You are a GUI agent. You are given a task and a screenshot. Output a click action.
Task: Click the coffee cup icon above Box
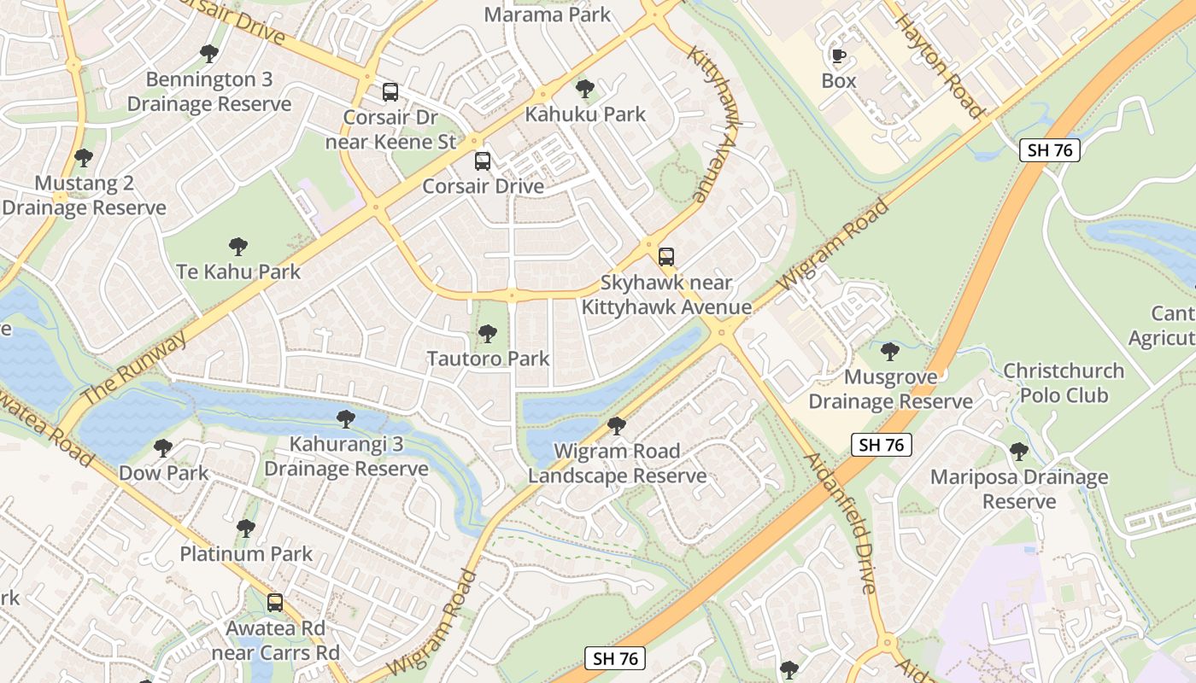point(839,56)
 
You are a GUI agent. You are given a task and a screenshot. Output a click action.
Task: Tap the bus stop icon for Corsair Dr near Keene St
point(390,91)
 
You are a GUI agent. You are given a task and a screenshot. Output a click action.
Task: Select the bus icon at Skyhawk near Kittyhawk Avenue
point(666,256)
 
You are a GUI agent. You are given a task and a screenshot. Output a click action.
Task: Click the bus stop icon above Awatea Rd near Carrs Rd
point(275,602)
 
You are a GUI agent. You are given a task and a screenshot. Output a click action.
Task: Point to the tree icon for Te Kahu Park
point(238,247)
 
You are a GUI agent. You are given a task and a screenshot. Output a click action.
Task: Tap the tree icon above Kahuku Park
point(585,88)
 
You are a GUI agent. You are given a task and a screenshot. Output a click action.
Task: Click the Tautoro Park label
point(489,359)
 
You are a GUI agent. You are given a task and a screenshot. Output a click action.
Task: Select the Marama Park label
point(548,15)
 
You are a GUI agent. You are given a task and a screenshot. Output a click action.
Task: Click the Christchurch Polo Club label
point(1064,383)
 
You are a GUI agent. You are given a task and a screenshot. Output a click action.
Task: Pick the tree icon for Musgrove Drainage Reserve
point(890,351)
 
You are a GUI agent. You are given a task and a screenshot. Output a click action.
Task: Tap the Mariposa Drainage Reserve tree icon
point(1018,451)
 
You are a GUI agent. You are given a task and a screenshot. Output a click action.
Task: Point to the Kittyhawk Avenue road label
point(712,124)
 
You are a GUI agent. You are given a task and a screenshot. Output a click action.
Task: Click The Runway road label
point(134,369)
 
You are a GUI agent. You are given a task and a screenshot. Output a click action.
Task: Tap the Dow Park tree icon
point(163,447)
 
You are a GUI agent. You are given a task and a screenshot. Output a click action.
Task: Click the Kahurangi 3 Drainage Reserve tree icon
point(346,418)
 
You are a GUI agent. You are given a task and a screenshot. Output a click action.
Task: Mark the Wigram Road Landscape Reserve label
point(617,464)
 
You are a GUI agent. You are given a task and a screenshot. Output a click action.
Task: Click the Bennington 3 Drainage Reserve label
point(209,92)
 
